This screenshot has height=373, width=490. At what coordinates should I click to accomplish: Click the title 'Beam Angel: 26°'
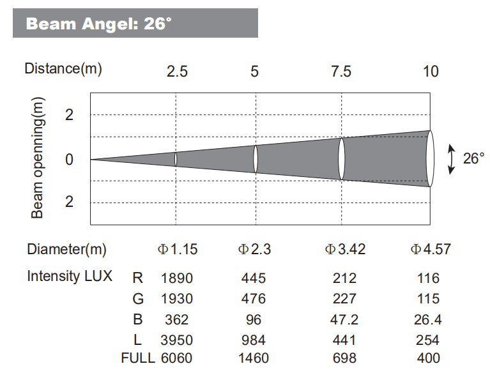point(98,24)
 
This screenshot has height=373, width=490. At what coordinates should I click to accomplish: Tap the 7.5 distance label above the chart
point(341,71)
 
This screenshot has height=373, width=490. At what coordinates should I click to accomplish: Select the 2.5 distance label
point(177,71)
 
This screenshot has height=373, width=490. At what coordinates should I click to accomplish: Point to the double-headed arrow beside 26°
point(452,159)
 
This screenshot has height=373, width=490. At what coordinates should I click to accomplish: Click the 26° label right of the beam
point(473,158)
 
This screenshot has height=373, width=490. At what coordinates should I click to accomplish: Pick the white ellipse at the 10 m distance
point(430,159)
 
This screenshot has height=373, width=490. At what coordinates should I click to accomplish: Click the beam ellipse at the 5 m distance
point(256,159)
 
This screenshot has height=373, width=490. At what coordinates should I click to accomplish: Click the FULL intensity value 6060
point(177,358)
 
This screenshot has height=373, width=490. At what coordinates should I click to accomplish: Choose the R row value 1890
point(177,278)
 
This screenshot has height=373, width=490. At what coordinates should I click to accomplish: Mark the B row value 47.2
point(345,319)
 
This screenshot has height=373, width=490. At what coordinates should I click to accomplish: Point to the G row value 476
point(254,299)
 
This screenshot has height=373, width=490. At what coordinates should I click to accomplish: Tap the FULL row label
point(137,358)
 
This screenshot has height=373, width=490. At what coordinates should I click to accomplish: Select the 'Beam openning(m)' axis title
point(38,158)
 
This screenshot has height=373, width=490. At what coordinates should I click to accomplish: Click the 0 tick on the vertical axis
point(69,159)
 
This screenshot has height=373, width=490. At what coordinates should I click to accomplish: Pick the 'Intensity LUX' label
point(70,277)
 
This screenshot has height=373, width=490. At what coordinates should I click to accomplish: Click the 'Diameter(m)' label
point(66,249)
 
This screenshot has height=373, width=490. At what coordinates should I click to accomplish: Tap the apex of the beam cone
point(92,159)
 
